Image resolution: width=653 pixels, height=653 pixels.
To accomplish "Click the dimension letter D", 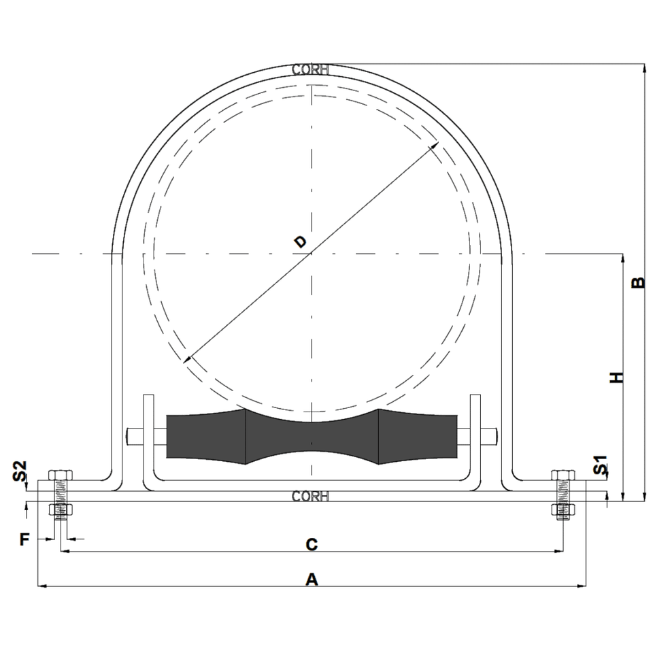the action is coord(300,241).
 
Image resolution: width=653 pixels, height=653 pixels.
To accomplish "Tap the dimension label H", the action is coord(617,378).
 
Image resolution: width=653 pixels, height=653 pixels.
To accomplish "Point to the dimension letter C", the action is coord(312,544).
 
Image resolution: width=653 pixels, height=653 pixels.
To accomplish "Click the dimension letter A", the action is coord(312,580).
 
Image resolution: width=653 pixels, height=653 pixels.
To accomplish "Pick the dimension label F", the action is coord(24,539).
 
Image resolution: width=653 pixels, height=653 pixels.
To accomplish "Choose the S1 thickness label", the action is coord(600,465).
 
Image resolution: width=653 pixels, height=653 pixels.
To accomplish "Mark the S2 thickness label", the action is coord(20,471).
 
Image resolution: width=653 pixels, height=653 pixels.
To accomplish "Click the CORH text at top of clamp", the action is coord(310,69).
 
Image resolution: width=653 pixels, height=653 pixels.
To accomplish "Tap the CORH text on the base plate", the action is coord(310,497).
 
